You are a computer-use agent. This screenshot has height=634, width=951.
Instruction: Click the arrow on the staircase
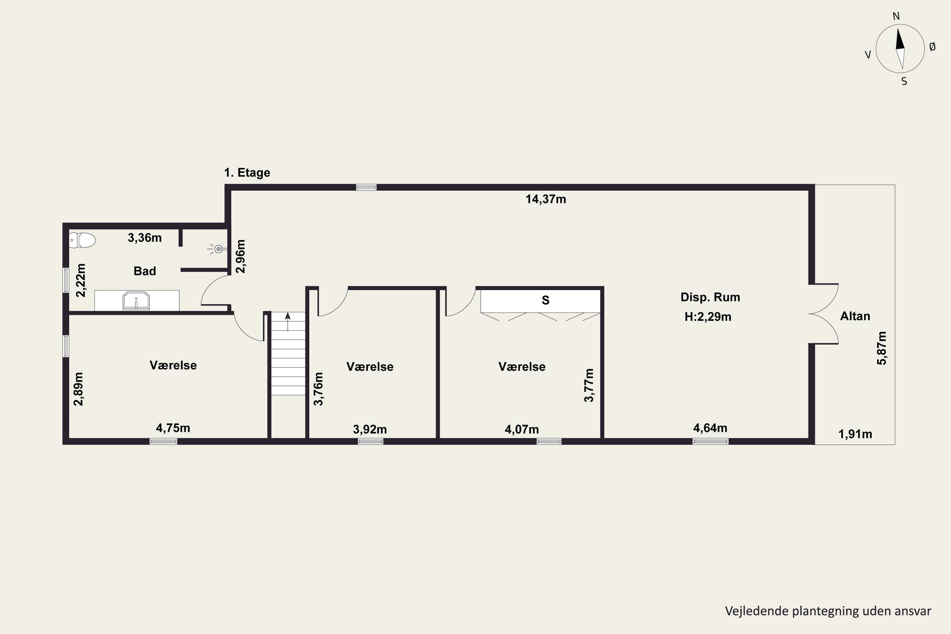click(x=288, y=321)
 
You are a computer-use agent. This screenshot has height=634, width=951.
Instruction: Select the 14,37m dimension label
click(x=546, y=199)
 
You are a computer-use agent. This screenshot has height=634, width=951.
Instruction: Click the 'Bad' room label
click(x=145, y=271)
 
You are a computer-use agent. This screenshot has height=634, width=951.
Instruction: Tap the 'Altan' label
click(x=855, y=316)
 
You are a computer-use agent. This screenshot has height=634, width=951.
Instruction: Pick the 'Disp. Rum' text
click(x=710, y=297)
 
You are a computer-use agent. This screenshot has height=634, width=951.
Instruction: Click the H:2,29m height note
click(x=708, y=317)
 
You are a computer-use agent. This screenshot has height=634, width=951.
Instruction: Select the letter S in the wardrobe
click(x=546, y=300)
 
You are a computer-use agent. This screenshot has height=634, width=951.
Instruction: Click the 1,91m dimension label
click(x=855, y=434)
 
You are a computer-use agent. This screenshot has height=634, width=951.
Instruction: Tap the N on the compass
click(x=896, y=16)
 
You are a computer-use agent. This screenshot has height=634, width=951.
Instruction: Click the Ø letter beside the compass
click(x=932, y=47)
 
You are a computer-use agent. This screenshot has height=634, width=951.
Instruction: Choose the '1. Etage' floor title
click(x=247, y=173)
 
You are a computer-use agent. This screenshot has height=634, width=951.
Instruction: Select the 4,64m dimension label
click(x=710, y=428)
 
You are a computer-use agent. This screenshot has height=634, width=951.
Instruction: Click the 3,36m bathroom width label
click(x=145, y=238)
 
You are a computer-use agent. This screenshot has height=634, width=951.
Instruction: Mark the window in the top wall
click(x=366, y=187)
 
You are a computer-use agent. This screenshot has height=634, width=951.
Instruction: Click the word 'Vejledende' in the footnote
click(x=756, y=611)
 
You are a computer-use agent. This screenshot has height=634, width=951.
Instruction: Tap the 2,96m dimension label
click(x=241, y=256)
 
